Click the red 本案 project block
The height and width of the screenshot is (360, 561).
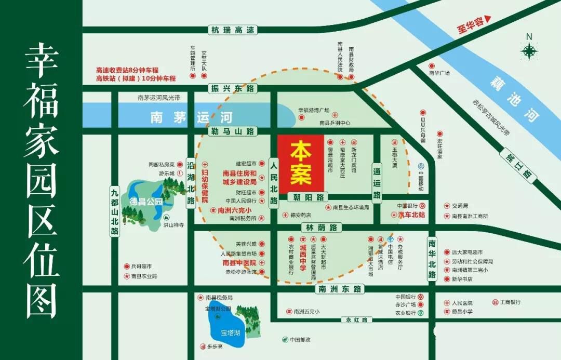coord(301,164)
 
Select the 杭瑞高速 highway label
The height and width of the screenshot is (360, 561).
coord(233,30)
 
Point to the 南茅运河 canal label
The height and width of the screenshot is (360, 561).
coord(192,117)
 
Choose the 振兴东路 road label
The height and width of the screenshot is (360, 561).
coord(233,88)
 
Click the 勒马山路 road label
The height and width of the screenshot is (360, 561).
coord(233,131)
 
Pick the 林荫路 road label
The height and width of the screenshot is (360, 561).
coord(321,228)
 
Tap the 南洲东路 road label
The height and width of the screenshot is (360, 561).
coord(340,288)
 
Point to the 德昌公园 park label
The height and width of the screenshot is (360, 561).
coord(146,201)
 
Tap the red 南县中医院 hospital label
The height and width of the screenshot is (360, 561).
coord(240,263)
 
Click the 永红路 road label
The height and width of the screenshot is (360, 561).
coord(357,319)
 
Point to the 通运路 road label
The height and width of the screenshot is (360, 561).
coord(377,181)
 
